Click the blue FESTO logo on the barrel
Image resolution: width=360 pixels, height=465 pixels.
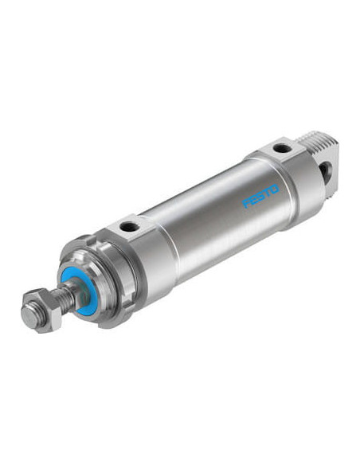tap(260, 196)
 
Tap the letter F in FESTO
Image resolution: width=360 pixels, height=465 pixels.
tap(246, 204)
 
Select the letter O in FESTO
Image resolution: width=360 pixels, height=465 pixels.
tap(275, 190)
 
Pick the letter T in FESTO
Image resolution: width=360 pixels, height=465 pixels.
tap(268, 193)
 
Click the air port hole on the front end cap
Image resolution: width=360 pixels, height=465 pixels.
tap(130, 227)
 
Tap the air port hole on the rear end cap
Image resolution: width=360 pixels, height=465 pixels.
tap(282, 147)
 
